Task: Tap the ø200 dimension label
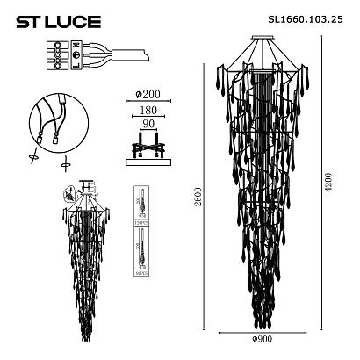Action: pyautogui.click(x=147, y=94)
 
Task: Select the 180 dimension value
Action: pyautogui.click(x=146, y=111)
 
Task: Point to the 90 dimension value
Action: pyautogui.click(x=147, y=126)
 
